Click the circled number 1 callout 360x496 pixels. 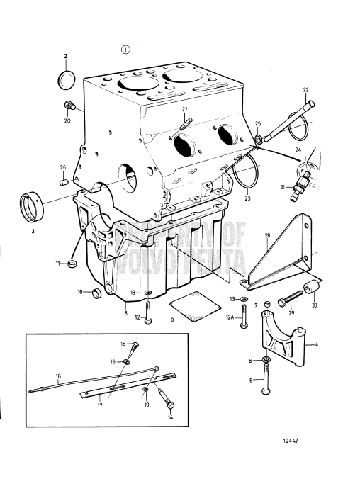pyautogui.click(x=126, y=49)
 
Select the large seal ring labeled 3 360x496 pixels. pyautogui.click(x=31, y=205)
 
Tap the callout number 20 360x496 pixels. pyautogui.click(x=67, y=121)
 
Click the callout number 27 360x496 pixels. pyautogui.click(x=184, y=110)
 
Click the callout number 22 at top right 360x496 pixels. pyautogui.click(x=306, y=90)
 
